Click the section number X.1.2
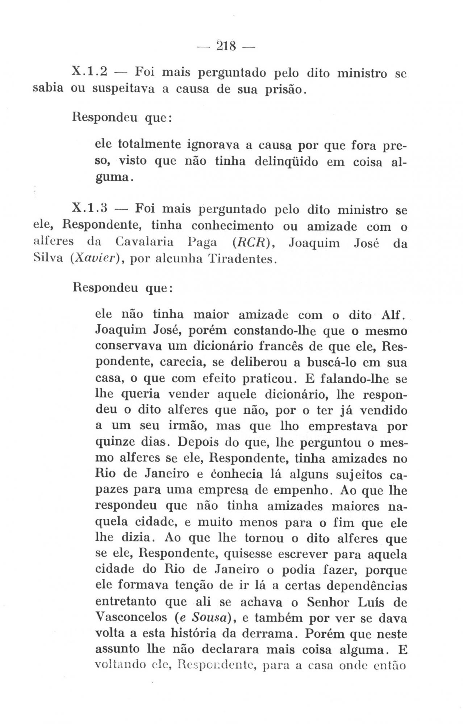click(x=89, y=72)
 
